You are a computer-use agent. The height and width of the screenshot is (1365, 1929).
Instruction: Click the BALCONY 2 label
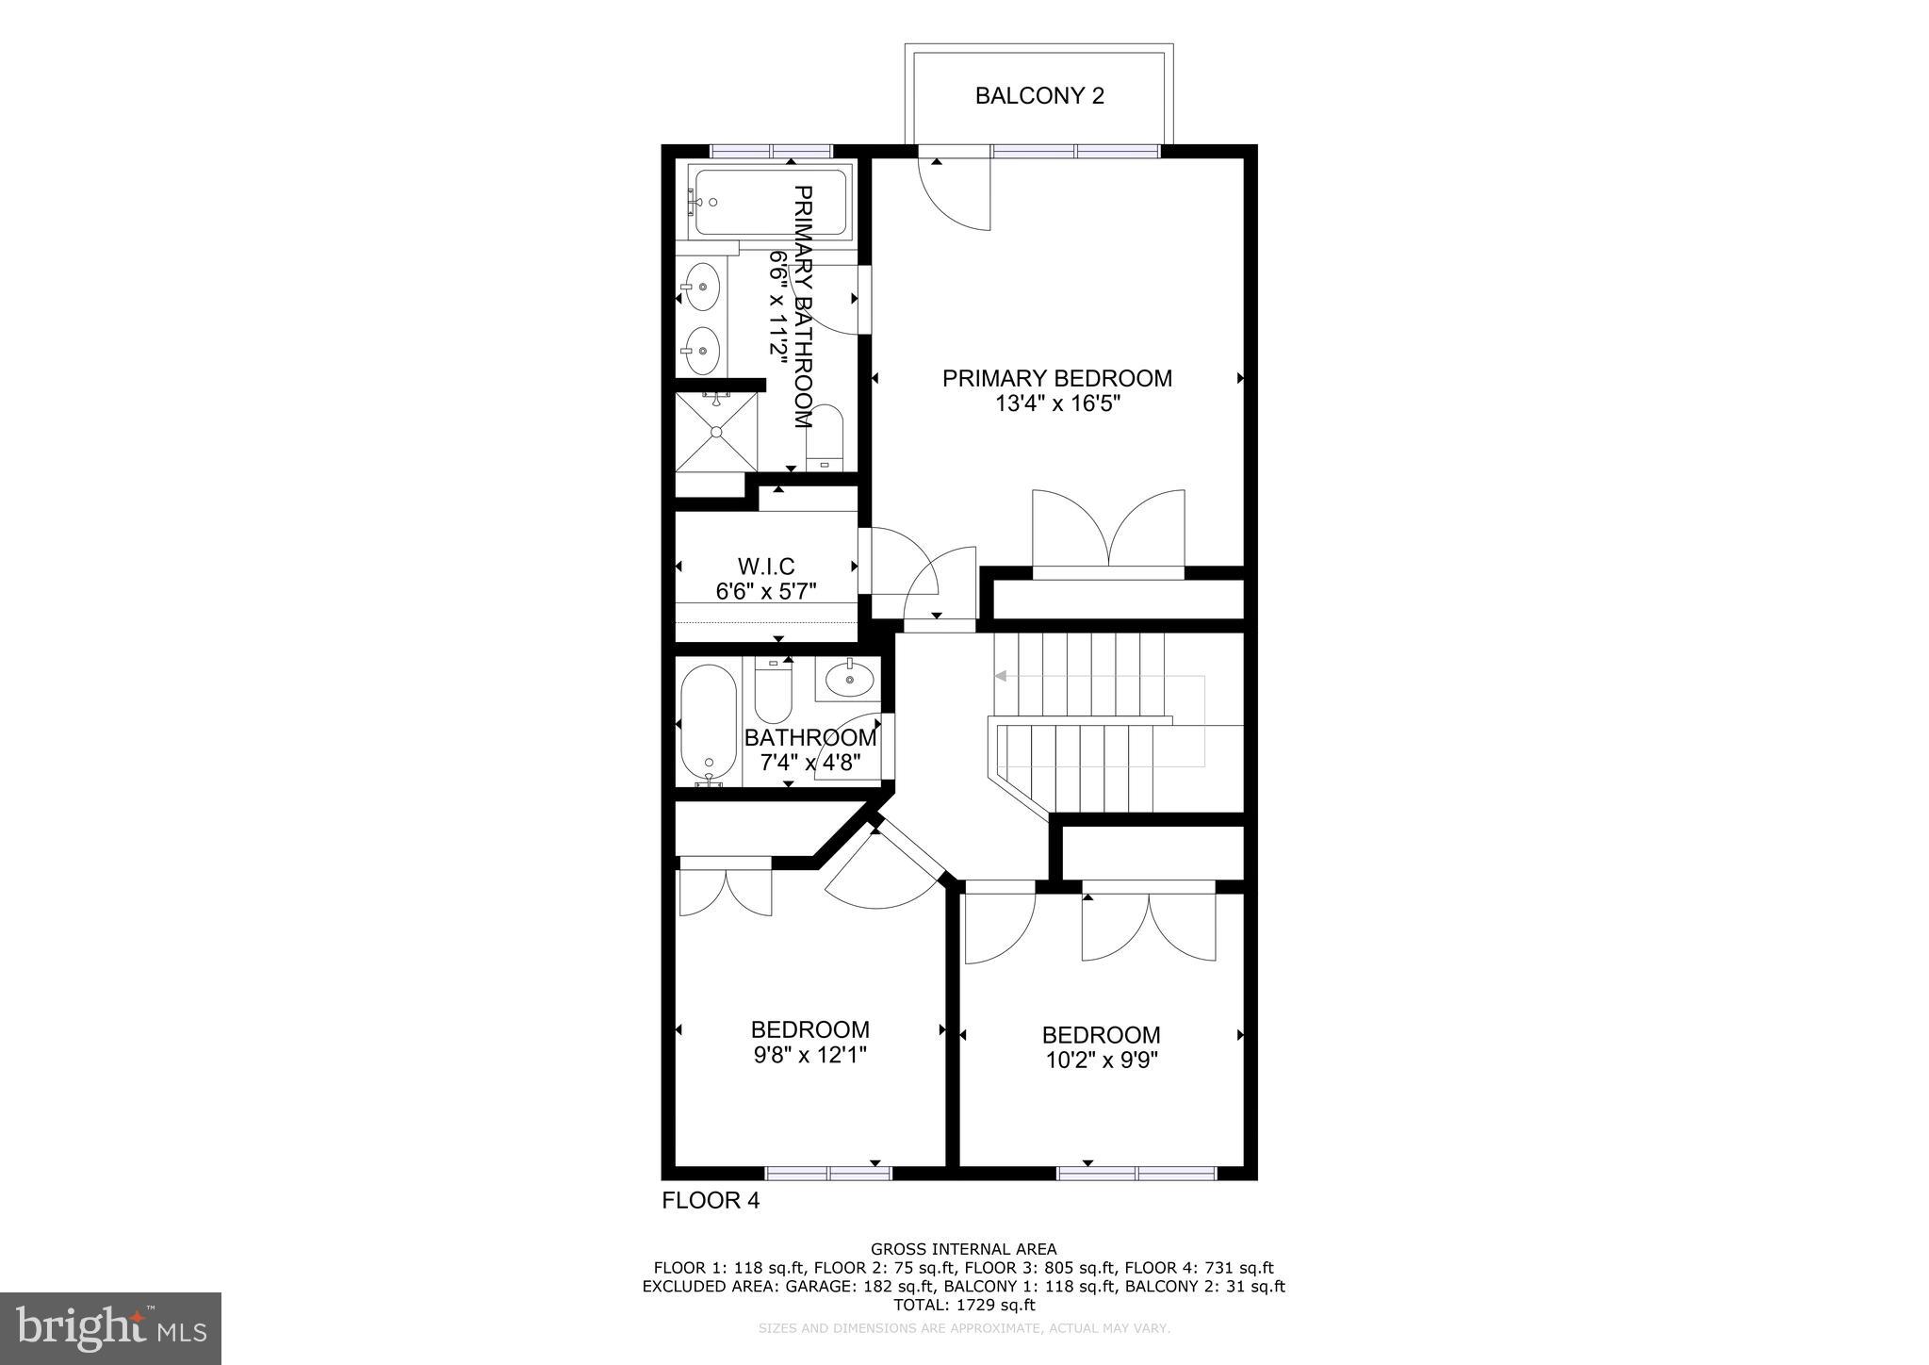[1039, 96]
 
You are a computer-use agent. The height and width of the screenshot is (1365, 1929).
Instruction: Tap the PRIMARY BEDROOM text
[1057, 378]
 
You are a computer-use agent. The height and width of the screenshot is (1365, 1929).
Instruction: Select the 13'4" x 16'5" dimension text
[1057, 404]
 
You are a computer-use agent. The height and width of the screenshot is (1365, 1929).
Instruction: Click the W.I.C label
[765, 567]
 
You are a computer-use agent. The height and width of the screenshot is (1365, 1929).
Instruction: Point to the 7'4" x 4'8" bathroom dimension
[810, 763]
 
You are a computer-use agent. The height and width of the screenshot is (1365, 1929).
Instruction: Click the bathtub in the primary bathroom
[770, 202]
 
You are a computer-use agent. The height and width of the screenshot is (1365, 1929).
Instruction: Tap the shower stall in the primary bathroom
[716, 432]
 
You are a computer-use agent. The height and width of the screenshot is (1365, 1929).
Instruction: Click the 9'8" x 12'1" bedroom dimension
[809, 1055]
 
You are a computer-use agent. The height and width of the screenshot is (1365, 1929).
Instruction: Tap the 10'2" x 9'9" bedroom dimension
[1101, 1060]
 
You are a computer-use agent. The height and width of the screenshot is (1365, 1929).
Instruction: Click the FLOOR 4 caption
[711, 1200]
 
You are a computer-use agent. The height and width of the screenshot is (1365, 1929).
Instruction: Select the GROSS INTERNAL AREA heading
[963, 1250]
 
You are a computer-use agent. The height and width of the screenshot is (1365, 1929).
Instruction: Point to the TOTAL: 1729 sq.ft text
[963, 1305]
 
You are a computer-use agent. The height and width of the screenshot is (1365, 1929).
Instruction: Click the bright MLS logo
[111, 1328]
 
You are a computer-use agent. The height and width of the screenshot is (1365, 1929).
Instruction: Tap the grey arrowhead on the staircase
[1001, 676]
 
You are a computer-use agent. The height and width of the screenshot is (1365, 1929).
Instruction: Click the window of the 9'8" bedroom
[827, 1174]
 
